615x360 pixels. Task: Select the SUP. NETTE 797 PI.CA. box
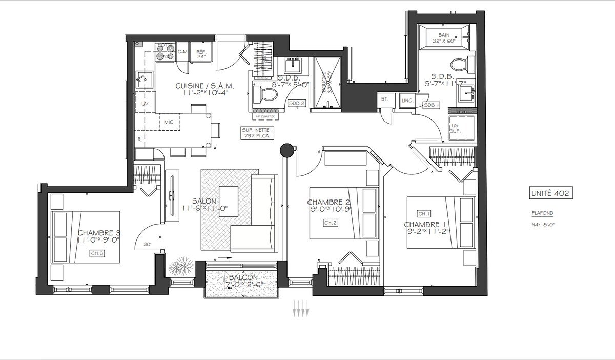pyautogui.click(x=259, y=133)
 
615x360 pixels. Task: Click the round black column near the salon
pyautogui.click(x=286, y=150)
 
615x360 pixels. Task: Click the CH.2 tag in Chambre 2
pyautogui.click(x=329, y=223)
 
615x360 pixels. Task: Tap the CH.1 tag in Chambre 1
pyautogui.click(x=423, y=213)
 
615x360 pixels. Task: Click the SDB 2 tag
pyautogui.click(x=297, y=103)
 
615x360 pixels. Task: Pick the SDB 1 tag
pyautogui.click(x=432, y=105)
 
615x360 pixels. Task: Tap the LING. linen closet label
pyautogui.click(x=407, y=101)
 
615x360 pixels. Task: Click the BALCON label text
pyautogui.click(x=241, y=277)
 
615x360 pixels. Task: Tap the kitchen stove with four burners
pyautogui.click(x=165, y=52)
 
